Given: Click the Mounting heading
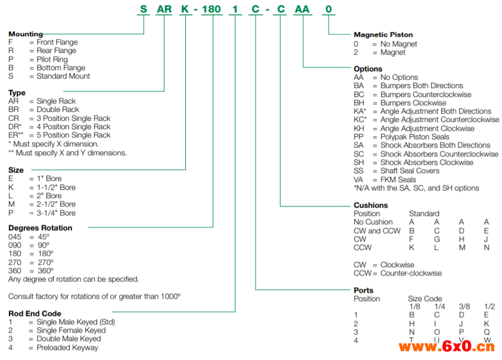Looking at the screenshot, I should tap(26, 34).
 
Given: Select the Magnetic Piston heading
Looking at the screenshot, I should tap(383, 35).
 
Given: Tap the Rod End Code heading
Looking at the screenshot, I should tap(35, 314).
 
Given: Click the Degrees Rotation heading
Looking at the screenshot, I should tap(40, 228).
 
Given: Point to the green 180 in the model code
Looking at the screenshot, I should tap(211, 10).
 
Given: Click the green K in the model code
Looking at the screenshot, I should tap(185, 10).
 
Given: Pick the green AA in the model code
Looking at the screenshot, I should tap(303, 10).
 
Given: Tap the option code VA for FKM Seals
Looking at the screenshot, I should tap(358, 180).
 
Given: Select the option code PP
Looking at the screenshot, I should tap(358, 137).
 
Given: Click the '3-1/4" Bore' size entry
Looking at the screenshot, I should tap(56, 213).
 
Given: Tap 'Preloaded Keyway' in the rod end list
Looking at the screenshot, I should tap(67, 348).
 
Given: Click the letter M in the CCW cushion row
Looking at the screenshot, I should tap(461, 248).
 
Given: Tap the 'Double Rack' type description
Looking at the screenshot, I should tap(58, 109).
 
